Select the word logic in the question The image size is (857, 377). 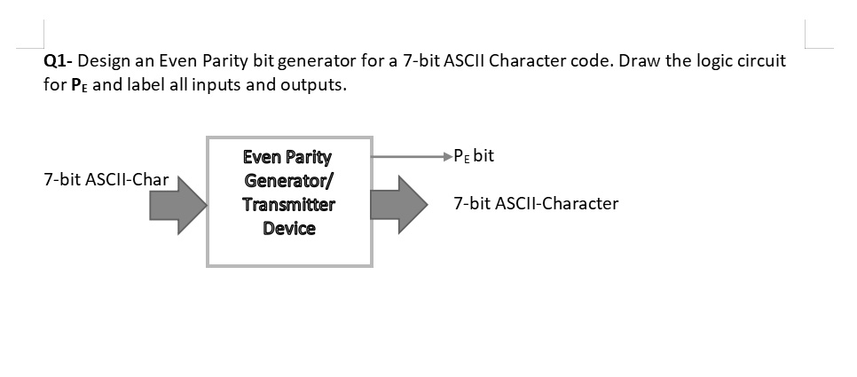[716, 64]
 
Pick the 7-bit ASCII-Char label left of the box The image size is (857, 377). [106, 181]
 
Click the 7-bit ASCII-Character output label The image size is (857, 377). [535, 203]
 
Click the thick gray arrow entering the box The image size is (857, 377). [177, 205]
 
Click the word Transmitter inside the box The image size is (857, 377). [289, 205]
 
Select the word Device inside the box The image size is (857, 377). [289, 229]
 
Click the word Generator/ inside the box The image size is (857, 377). [289, 181]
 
